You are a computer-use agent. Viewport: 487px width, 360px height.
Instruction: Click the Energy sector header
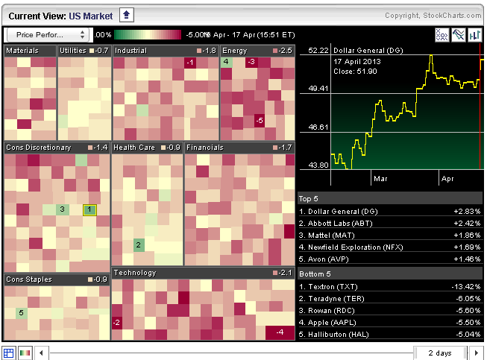[235, 51]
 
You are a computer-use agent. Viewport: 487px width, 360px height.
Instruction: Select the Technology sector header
[135, 273]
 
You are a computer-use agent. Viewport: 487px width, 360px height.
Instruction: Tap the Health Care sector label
[134, 148]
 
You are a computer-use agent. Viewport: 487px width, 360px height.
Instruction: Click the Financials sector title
[205, 148]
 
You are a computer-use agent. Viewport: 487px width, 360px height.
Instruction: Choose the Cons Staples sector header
[29, 280]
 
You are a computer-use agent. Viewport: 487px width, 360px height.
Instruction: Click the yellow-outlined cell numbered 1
[89, 209]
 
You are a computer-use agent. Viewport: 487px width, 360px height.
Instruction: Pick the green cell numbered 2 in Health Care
[138, 244]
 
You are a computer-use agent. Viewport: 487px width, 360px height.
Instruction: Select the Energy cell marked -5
[259, 120]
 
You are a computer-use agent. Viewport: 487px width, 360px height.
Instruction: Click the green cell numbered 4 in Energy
[226, 62]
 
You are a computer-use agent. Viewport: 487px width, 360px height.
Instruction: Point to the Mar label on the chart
[380, 179]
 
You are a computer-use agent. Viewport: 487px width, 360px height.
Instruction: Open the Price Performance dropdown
[48, 34]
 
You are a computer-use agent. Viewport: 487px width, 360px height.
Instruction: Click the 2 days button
[440, 353]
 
